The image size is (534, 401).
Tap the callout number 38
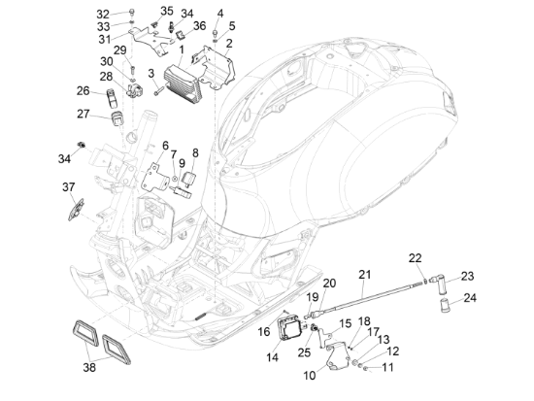pos(89,368)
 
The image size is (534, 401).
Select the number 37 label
pos(69,186)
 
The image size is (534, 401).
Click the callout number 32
pos(103,14)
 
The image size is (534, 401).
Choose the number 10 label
pos(310,374)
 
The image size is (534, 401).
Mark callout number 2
pos(229,44)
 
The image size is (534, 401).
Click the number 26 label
pos(83,90)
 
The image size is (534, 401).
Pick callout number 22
pos(416,257)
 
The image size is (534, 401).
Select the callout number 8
pos(194,152)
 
